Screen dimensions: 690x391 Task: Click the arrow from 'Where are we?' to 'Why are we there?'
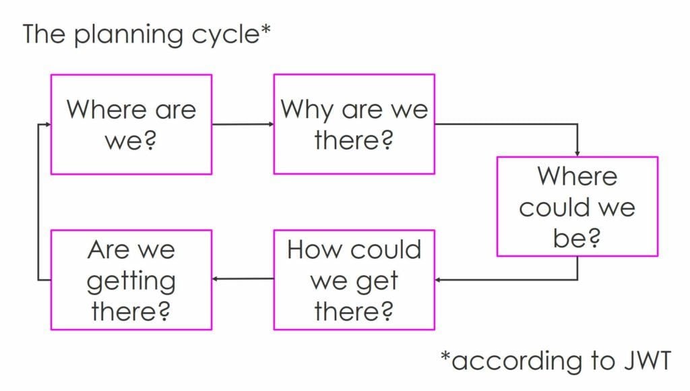tap(243, 124)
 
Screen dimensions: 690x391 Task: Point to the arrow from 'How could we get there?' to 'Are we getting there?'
tap(243, 278)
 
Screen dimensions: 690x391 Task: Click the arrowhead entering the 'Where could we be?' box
tap(577, 154)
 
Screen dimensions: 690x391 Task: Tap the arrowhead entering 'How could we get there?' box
tap(438, 280)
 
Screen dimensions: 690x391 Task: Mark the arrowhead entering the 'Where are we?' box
tap(48, 124)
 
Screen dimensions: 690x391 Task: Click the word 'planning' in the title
tap(128, 35)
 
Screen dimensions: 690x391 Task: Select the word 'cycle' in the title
tap(226, 35)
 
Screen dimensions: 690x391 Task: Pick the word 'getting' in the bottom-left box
tap(131, 282)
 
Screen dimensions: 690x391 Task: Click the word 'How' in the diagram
tap(313, 249)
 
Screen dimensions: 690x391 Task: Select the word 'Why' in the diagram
tap(307, 110)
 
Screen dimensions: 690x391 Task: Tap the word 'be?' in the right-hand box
tap(577, 238)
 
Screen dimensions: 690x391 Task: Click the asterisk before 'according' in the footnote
tap(446, 355)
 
